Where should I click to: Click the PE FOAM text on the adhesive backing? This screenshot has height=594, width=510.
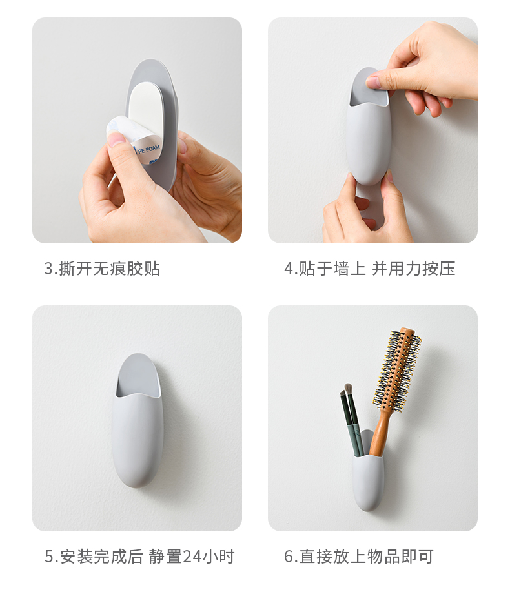point(149,148)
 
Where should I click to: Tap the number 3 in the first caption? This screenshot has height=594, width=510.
point(48,269)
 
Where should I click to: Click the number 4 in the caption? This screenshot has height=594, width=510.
point(289,269)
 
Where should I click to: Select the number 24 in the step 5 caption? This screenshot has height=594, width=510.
point(192,557)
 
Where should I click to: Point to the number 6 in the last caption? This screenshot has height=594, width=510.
point(289,557)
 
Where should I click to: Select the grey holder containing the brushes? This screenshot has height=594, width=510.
point(368,471)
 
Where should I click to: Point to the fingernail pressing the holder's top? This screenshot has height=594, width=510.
point(373,82)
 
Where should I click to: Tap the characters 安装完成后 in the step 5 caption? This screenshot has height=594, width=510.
point(101,557)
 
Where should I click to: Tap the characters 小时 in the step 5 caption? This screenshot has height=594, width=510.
point(218,557)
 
